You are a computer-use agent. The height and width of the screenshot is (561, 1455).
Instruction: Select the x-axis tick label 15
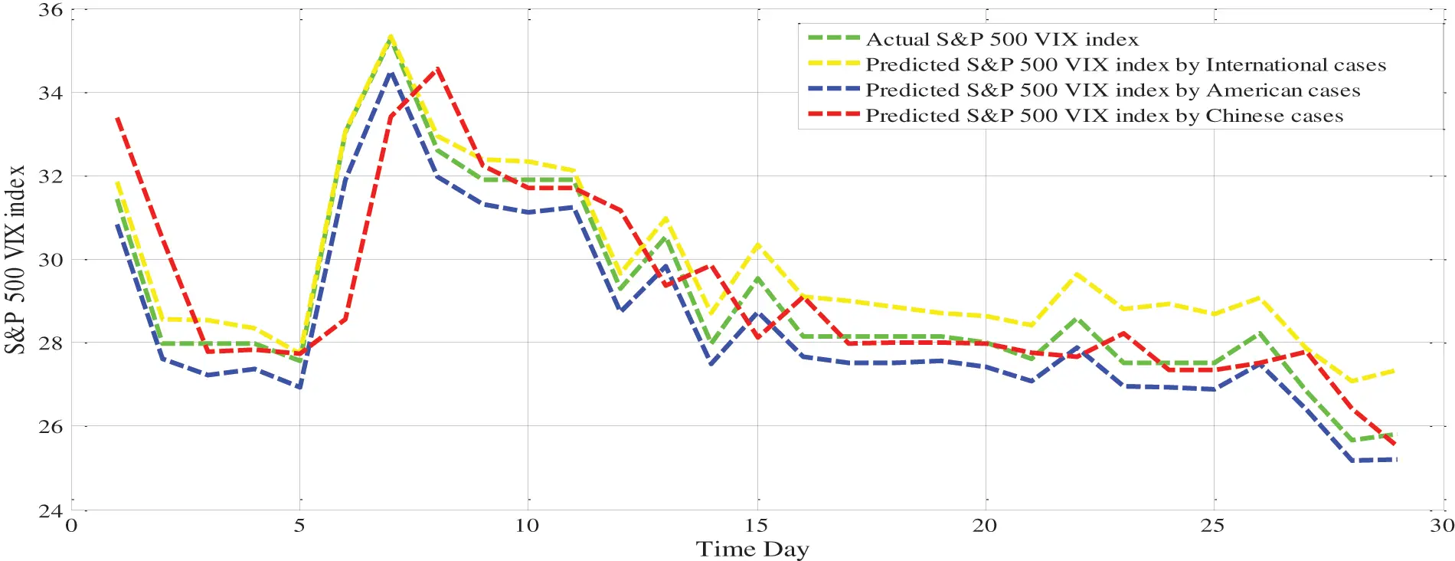pos(756,526)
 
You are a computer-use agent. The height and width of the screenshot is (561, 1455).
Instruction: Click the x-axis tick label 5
pos(299,526)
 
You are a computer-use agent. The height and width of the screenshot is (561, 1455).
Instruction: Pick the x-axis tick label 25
pos(1212,526)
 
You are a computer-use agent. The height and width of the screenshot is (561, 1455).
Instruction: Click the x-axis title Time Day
pos(752,549)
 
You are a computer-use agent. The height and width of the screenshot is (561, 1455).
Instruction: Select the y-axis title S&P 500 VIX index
pos(15,259)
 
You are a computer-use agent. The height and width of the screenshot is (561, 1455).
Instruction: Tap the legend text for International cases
pos(1125,65)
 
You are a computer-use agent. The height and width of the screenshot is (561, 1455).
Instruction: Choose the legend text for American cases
pos(1112,90)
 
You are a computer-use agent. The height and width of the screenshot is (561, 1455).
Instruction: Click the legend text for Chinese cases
pos(1104,116)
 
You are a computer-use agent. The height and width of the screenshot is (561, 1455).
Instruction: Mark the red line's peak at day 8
pos(436,69)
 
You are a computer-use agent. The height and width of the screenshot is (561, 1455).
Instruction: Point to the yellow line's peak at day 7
pos(391,36)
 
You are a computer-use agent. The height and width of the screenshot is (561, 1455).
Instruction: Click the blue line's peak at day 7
pos(391,73)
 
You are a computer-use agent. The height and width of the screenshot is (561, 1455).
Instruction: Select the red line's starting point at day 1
pos(117,119)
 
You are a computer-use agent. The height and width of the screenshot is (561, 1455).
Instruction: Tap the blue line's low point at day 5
pos(299,388)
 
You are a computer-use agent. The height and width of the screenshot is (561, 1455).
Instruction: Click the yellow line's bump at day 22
pos(1077,274)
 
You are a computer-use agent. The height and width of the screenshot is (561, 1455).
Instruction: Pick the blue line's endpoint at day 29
pos(1395,459)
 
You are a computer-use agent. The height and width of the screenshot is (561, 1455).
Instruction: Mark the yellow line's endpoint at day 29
pos(1395,371)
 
